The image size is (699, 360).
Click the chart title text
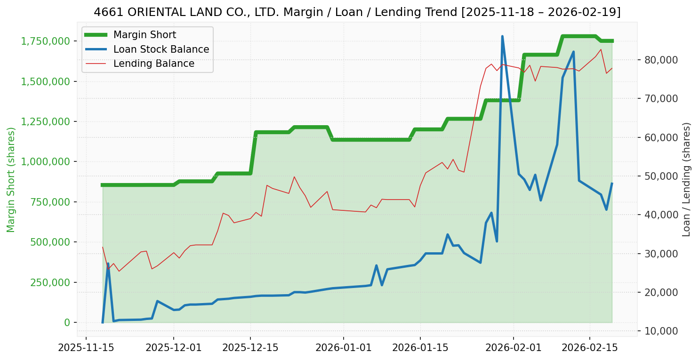(x=357, y=12)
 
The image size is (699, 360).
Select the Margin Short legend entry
(x=145, y=35)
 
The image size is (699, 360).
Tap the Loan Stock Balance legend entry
(x=161, y=49)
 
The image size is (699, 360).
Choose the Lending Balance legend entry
(x=153, y=64)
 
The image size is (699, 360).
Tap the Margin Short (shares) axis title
(x=11, y=179)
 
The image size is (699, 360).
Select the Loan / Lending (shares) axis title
(x=686, y=179)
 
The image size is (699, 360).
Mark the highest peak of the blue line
(x=502, y=36)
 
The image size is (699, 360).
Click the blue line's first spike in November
(x=108, y=264)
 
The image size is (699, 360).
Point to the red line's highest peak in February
(x=601, y=49)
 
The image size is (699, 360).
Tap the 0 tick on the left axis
(x=67, y=322)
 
